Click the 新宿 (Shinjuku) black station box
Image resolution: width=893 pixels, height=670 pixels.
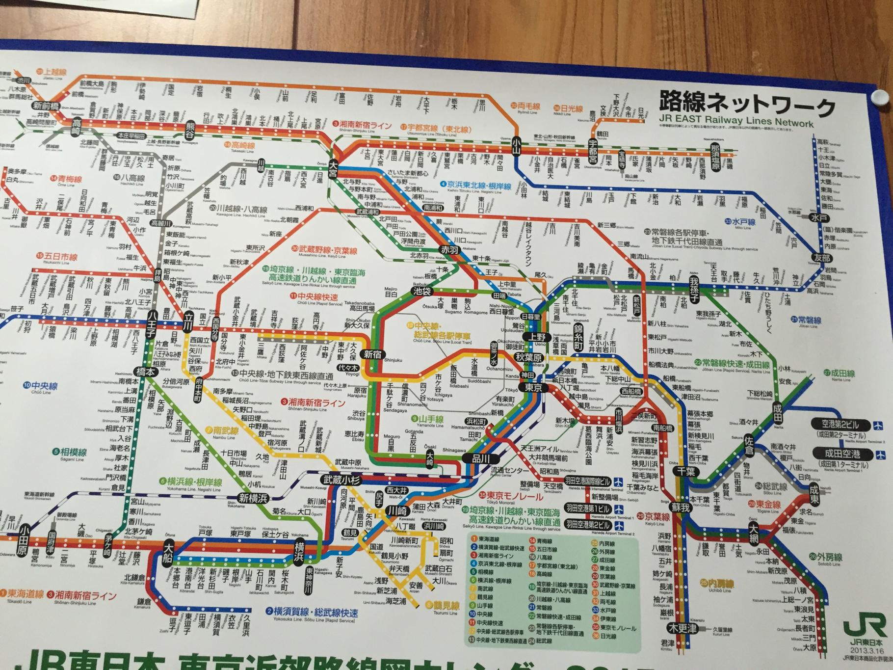[374, 354]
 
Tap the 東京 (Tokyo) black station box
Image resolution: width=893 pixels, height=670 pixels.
[533, 387]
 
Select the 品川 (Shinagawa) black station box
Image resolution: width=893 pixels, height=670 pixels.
[478, 459]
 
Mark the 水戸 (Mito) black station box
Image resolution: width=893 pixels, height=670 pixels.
[815, 218]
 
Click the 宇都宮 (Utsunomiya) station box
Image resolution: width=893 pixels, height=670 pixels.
[592, 151]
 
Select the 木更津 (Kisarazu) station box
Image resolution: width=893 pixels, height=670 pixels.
[683, 629]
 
